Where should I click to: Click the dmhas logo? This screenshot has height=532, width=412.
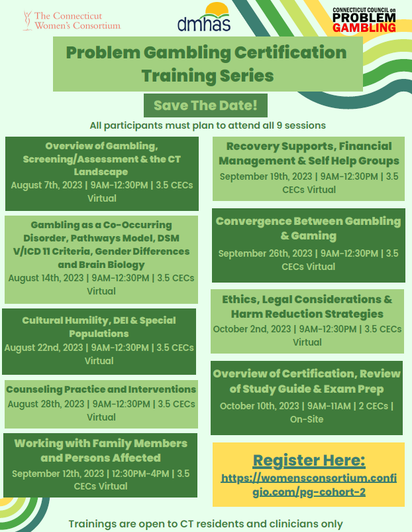tap(204, 17)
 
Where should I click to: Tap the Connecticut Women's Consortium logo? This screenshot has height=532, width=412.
tap(72, 21)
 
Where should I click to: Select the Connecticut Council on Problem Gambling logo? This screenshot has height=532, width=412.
tap(364, 20)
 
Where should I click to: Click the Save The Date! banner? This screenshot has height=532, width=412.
tap(205, 105)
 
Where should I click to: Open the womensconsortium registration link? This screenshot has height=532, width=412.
tap(309, 485)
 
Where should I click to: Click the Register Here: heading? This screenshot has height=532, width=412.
tap(309, 460)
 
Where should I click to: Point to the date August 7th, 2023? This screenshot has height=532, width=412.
tap(46, 185)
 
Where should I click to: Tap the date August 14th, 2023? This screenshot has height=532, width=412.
tap(46, 278)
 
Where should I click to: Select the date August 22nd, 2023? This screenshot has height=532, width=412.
tap(43, 348)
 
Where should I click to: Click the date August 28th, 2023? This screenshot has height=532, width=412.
tap(46, 404)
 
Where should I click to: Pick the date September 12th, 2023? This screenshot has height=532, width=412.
tap(58, 474)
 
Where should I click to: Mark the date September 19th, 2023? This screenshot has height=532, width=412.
tap(266, 176)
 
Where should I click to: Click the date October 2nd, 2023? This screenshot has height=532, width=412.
tap(252, 329)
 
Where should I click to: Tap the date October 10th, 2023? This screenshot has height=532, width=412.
tap(259, 406)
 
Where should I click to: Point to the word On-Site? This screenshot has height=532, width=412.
tap(307, 419)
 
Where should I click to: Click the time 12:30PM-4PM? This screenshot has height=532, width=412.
tap(140, 474)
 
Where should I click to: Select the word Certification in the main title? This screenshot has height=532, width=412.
tap(290, 52)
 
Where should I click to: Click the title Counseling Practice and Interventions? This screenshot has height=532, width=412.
tap(101, 389)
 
